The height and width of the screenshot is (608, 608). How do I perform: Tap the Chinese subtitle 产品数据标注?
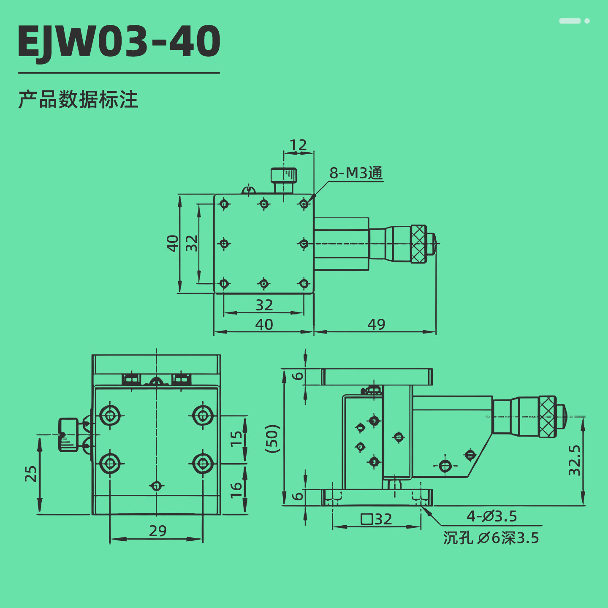[x=78, y=100]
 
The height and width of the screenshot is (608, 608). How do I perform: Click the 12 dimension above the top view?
[x=298, y=145]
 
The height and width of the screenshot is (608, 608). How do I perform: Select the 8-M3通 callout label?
[x=356, y=173]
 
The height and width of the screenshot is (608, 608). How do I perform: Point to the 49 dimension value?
[x=376, y=324]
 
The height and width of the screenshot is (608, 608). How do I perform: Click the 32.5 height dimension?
[x=574, y=460]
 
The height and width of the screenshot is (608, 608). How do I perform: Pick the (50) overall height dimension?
[x=272, y=439]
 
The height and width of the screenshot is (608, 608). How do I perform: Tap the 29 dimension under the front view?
[x=158, y=531]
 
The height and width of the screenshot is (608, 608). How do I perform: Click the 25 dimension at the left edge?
[x=31, y=474]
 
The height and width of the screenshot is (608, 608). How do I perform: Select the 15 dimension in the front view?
[x=236, y=439]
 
